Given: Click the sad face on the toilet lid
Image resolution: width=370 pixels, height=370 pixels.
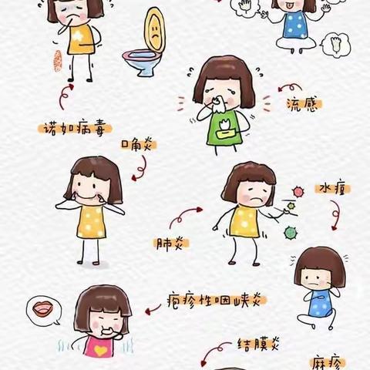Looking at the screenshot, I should (x=155, y=33).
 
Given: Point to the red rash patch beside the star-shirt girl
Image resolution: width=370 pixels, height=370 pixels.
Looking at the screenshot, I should (x=55, y=60).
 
